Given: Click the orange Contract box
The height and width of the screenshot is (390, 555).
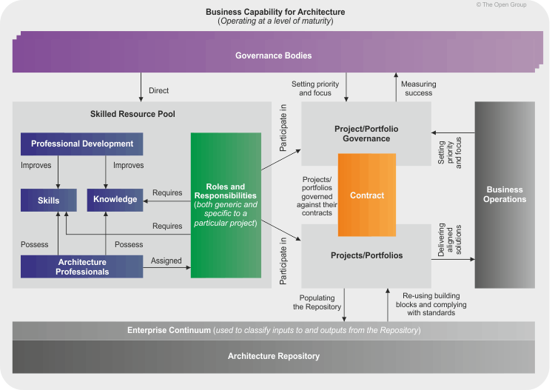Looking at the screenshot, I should tap(367, 195).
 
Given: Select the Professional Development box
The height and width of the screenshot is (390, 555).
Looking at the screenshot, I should tap(81, 144).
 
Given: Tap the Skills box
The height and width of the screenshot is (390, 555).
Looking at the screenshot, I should tap(50, 199).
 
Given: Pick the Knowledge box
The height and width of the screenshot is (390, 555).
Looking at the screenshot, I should tap(115, 199).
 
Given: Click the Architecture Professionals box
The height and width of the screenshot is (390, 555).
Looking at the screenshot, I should tap(81, 266).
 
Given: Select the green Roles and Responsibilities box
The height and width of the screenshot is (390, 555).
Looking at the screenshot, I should tap(226, 205).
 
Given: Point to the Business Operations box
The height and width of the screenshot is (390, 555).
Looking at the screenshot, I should tap(505, 195).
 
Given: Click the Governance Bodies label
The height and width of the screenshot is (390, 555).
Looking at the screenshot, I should tap(273, 56).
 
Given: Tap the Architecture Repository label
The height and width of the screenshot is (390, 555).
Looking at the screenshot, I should tap(273, 356).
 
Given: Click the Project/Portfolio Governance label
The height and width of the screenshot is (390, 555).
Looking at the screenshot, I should tap(366, 134).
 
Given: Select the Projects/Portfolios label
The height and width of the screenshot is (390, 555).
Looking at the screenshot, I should tap(366, 255).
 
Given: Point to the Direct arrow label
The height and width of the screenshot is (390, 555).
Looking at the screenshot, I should tap(158, 91).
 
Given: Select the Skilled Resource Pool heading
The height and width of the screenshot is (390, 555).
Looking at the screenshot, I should tap(132, 114).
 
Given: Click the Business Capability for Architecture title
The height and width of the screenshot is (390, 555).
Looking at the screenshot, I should tap(275, 11).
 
